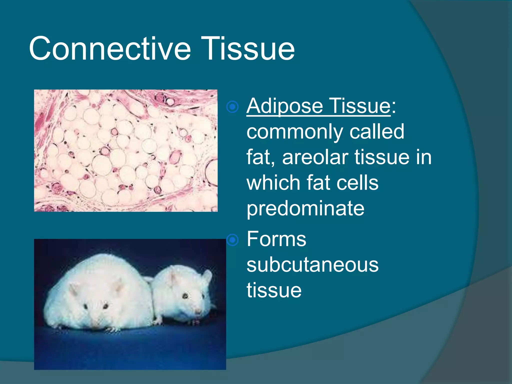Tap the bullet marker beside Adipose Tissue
tap(232, 107)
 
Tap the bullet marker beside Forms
tap(232, 240)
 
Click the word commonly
tap(295, 132)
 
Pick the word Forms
tap(276, 239)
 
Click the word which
tap(273, 183)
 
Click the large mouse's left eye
tap(86, 306)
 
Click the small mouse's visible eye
tap(185, 296)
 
